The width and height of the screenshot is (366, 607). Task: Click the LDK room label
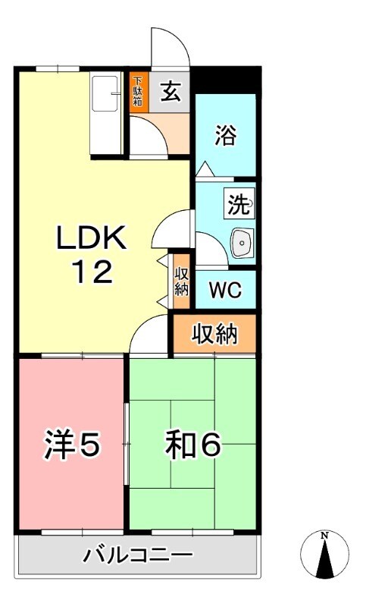91,240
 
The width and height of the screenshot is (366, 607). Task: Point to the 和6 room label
192,446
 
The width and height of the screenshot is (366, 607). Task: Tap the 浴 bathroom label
224,136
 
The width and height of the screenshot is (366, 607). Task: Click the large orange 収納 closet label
214,334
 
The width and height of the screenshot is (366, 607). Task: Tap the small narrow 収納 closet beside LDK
181,281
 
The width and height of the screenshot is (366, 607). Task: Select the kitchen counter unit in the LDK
105,113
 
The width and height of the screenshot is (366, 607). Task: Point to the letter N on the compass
325,536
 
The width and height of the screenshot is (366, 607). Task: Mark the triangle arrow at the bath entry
204,168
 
